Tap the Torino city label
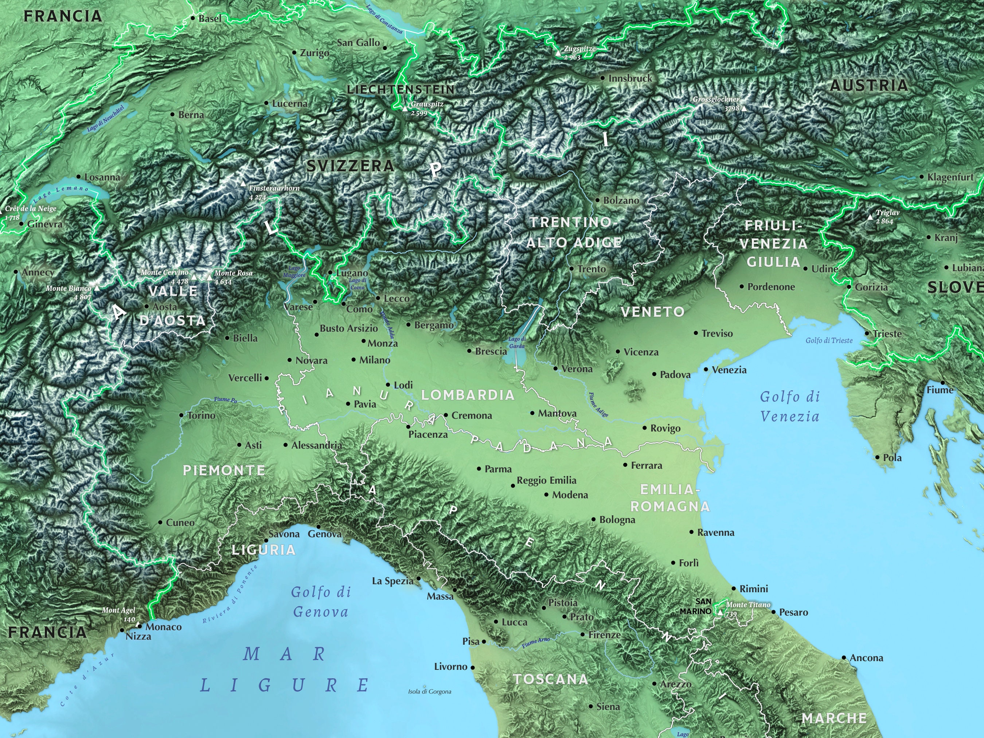[x=201, y=415]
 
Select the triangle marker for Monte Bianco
[x=97, y=288]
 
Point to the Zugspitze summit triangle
[x=558, y=53]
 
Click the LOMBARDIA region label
[x=468, y=395]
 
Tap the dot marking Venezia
[x=706, y=369]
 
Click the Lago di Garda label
[x=516, y=342]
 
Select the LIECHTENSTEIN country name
[x=401, y=89]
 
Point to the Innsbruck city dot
[x=603, y=78]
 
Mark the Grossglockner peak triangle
[x=744, y=108]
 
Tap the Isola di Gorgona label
[x=429, y=691]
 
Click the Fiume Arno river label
[x=536, y=642]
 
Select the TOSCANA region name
[x=550, y=679]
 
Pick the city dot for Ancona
[x=844, y=657]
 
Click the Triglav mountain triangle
[x=870, y=217]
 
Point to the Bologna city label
[x=617, y=520]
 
